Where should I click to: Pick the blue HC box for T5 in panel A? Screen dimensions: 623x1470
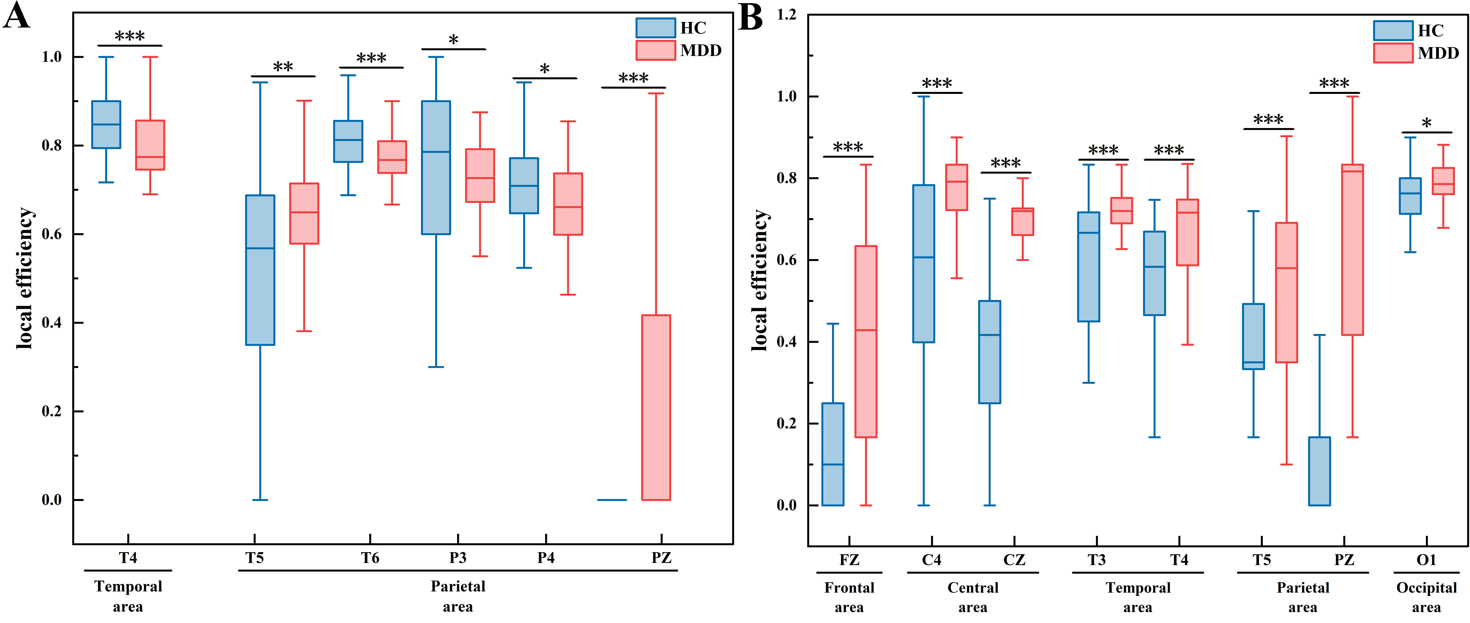click(x=260, y=270)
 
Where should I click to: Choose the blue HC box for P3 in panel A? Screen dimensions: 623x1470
click(x=436, y=167)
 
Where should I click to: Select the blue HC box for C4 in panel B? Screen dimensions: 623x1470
click(x=924, y=264)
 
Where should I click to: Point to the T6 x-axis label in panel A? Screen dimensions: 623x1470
click(x=370, y=558)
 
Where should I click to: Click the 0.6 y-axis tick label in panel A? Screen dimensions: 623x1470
click(x=51, y=234)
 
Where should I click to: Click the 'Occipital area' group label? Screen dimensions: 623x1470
click(x=1426, y=597)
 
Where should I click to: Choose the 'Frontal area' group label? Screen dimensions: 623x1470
click(x=849, y=597)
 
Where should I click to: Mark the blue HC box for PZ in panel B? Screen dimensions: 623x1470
click(x=1319, y=471)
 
